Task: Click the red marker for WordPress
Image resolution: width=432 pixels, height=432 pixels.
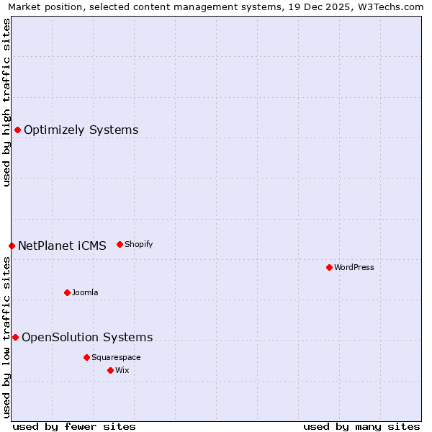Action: [x=329, y=267]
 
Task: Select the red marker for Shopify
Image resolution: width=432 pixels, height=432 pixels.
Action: [x=120, y=244]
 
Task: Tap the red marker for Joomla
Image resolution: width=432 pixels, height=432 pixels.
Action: [x=67, y=292]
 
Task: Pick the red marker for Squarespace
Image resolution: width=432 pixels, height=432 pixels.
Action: [x=86, y=357]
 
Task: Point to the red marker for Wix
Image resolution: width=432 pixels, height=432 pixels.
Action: [x=110, y=370]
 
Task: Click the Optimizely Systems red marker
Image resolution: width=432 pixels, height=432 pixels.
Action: [x=17, y=130]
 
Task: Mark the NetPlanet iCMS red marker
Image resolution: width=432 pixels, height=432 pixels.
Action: [x=12, y=246]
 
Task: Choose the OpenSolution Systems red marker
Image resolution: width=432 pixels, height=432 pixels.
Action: [x=15, y=337]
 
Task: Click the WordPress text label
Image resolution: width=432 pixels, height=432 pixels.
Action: [x=354, y=267]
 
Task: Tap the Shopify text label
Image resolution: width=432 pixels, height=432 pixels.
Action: [x=138, y=244]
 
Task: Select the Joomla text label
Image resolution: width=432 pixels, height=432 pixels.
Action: [x=85, y=292]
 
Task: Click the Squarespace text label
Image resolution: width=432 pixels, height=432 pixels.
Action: [x=116, y=357]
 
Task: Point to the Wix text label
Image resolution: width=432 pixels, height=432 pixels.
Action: [x=122, y=370]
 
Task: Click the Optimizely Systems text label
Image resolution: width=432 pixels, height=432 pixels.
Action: [x=81, y=130]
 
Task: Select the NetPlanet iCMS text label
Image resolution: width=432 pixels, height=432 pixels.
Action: [x=62, y=246]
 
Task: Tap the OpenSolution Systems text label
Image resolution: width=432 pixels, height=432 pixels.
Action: [x=87, y=337]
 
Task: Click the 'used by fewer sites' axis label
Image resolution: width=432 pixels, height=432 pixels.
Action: [x=74, y=426]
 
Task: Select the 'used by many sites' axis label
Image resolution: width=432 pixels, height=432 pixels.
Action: [x=361, y=426]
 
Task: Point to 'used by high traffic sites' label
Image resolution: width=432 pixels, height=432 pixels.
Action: [x=6, y=102]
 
